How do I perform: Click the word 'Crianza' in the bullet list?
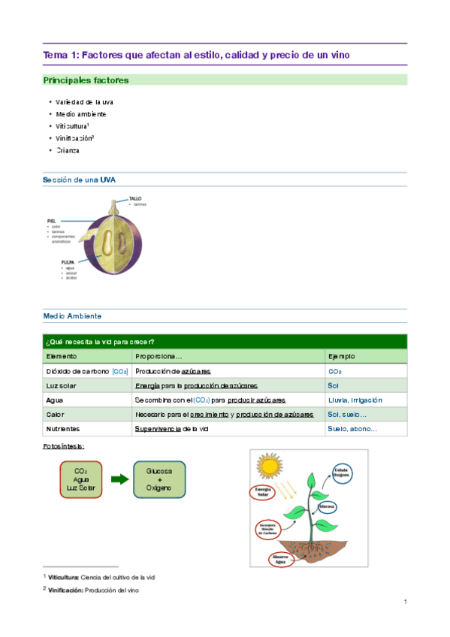(68, 150)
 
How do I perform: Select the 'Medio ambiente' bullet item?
(81, 114)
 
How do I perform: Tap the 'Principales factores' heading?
(86, 80)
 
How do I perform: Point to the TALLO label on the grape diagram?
(135, 199)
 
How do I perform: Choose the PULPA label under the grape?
(68, 262)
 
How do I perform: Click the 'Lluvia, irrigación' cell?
(355, 400)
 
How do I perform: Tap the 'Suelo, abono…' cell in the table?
(352, 429)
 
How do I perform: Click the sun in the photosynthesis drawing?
(269, 465)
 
